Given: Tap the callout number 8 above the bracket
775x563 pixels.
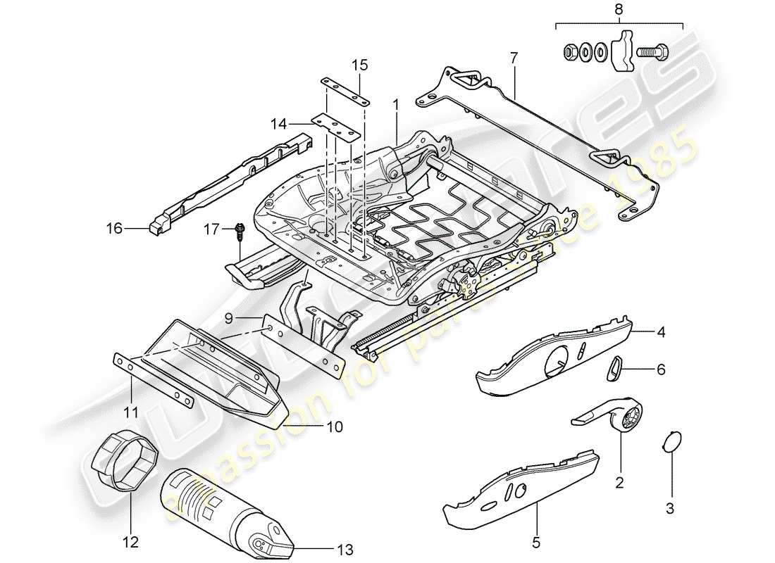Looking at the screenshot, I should tap(619, 11).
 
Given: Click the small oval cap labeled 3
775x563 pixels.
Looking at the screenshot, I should tap(672, 442).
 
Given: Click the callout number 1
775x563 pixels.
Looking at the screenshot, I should tap(397, 104).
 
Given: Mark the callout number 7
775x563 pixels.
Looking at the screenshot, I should tap(514, 57).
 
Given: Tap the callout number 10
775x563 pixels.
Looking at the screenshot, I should tap(334, 426).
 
